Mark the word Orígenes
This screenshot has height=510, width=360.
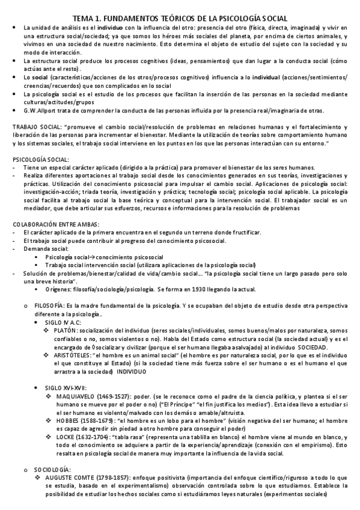(x=73, y=289)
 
